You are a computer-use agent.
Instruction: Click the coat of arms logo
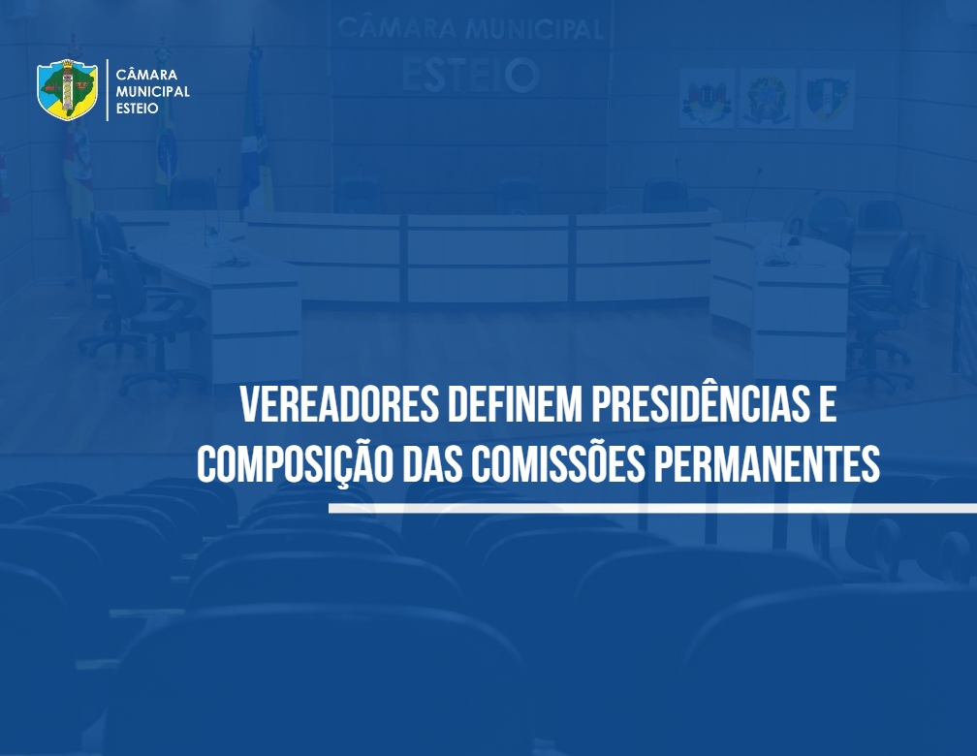coord(67,90)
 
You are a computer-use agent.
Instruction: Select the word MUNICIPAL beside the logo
coord(153,91)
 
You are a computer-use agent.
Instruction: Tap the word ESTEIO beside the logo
coord(137,108)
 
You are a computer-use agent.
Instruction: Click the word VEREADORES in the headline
coord(339,404)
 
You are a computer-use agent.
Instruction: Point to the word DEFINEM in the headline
coord(515,404)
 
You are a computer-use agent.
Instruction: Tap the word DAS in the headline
coord(432,464)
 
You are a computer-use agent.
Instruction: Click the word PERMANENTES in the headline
coord(767,464)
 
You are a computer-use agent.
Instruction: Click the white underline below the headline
coord(652,509)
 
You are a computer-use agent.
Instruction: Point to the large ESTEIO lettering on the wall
coord(470,76)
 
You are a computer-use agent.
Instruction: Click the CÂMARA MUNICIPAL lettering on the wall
coord(470,29)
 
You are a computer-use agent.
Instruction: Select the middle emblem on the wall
coord(767,99)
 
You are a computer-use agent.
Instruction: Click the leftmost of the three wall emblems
coord(708,99)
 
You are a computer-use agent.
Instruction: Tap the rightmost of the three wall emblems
coord(827,100)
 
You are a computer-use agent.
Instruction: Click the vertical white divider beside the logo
coord(108,90)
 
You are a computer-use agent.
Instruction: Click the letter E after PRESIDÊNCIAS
coord(827,404)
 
